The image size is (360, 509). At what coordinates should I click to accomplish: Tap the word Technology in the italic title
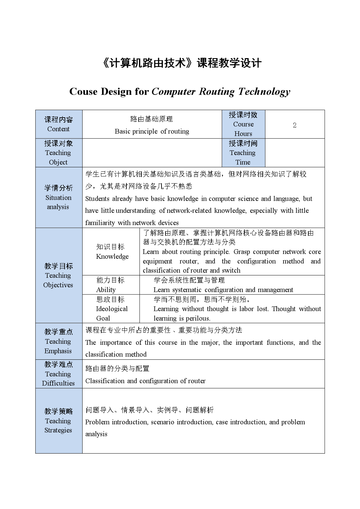(x=264, y=91)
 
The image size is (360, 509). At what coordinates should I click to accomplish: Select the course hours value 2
(x=294, y=125)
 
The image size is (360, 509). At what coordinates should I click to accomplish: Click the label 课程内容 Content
(x=58, y=124)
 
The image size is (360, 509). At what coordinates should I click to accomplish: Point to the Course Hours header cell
(x=243, y=124)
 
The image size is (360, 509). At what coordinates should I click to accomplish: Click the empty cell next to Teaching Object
(x=152, y=153)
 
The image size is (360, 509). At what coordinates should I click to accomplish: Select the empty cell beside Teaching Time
(x=294, y=153)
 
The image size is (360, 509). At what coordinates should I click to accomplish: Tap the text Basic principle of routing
(x=152, y=131)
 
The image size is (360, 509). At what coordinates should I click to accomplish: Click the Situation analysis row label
(x=58, y=197)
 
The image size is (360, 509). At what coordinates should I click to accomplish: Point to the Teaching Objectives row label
(x=58, y=275)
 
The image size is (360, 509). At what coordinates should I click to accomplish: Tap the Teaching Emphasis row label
(x=58, y=341)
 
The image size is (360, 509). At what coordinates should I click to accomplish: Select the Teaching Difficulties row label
(x=58, y=374)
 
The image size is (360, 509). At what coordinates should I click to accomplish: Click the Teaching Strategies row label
(x=58, y=421)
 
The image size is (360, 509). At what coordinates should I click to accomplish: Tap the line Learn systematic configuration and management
(x=223, y=290)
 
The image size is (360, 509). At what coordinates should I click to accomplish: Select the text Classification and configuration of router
(x=145, y=381)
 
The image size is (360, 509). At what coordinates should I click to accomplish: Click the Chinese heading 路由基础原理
(x=152, y=119)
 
